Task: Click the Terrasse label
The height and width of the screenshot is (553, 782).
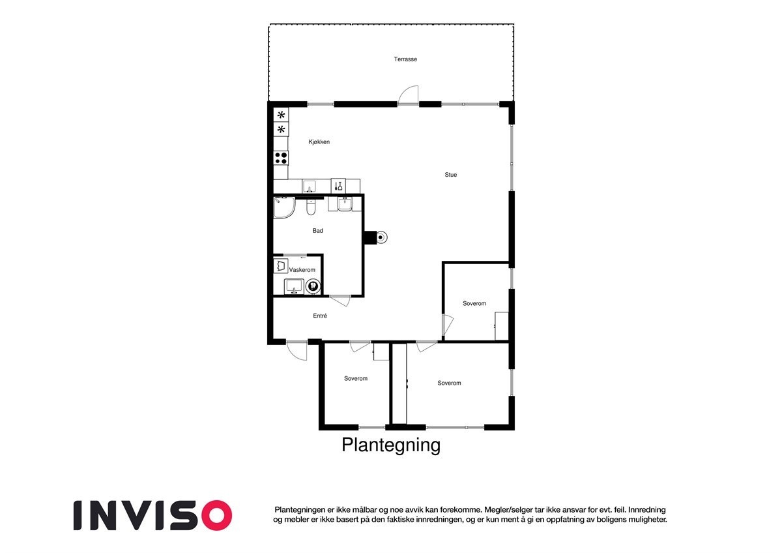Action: (x=405, y=59)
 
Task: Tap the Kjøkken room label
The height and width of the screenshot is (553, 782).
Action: (x=319, y=142)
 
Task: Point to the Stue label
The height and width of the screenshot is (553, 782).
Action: (x=450, y=175)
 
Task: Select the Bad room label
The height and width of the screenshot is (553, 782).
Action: (x=317, y=231)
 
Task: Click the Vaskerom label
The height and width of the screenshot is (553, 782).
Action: (x=302, y=270)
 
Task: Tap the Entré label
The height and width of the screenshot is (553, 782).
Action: (x=320, y=316)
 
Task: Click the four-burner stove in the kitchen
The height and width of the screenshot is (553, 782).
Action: (x=281, y=157)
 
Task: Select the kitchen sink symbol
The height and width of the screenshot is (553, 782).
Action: (x=310, y=187)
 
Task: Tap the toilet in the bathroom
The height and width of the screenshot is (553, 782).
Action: (x=311, y=207)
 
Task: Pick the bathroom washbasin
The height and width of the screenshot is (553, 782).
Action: (x=345, y=205)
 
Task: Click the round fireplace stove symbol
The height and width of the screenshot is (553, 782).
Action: (x=382, y=237)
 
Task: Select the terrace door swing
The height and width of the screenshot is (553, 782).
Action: (x=409, y=95)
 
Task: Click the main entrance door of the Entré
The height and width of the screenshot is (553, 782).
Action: (x=297, y=351)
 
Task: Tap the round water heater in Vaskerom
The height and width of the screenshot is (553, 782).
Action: (x=313, y=286)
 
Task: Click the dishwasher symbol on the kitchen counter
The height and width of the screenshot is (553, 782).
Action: (x=339, y=187)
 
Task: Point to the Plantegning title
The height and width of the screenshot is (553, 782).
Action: (x=391, y=445)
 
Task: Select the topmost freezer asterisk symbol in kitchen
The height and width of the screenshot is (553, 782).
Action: (x=281, y=115)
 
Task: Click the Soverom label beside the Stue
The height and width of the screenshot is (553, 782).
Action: (x=474, y=303)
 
